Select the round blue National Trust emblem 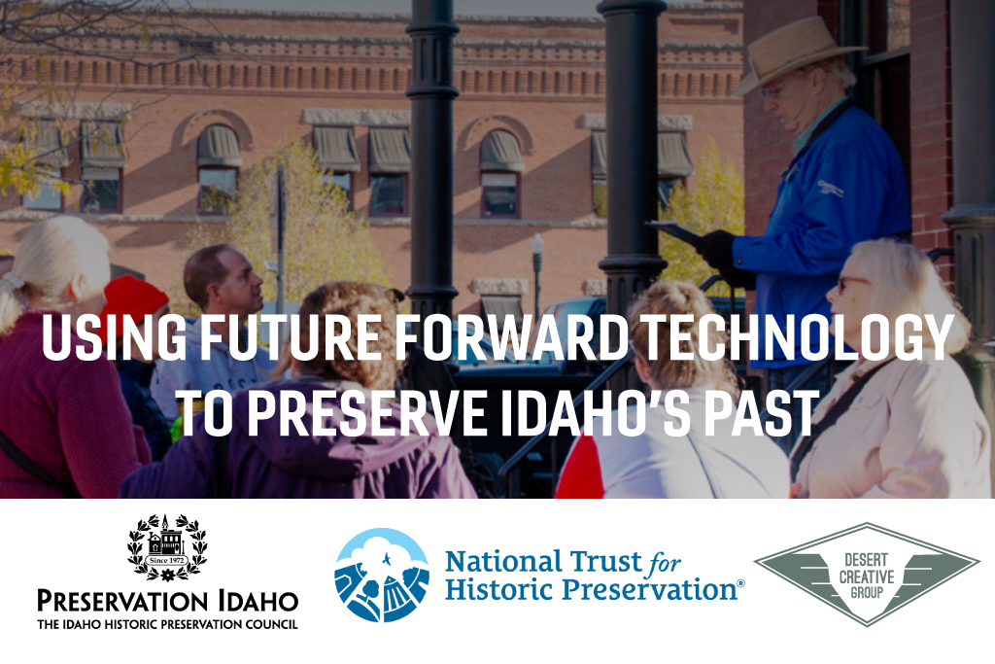point(382,576)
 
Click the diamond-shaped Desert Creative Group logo point(867,575)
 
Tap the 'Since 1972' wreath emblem point(167,547)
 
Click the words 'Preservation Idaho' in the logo point(167,601)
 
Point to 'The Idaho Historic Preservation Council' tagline point(167,625)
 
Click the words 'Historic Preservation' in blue point(591,589)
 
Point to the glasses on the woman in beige point(851,283)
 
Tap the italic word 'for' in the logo point(664,564)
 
